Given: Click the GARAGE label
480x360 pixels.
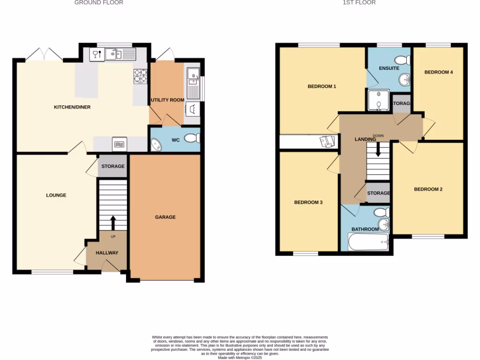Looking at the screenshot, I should point(165,217).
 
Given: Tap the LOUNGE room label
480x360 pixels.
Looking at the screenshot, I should point(56,195).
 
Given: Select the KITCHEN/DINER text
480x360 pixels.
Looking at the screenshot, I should point(72,107).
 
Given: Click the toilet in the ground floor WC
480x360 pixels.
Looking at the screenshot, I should point(192,138).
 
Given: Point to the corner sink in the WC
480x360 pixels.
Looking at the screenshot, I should point(155,145).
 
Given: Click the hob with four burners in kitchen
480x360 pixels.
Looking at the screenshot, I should point(140,76).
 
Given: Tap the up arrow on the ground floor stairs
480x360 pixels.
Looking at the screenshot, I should point(112,222).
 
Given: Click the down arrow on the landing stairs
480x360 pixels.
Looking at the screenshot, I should point(378,151).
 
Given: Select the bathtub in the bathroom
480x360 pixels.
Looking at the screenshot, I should point(368,242).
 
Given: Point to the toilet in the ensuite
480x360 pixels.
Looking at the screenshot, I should point(403,60).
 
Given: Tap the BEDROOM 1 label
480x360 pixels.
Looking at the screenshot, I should point(322,86).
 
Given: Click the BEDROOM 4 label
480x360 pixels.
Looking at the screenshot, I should point(438,72).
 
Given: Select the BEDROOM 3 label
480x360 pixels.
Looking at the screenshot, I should point(308,202).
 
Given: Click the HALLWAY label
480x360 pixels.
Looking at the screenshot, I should point(107,253).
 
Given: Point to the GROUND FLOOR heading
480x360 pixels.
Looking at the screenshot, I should point(99,3).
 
